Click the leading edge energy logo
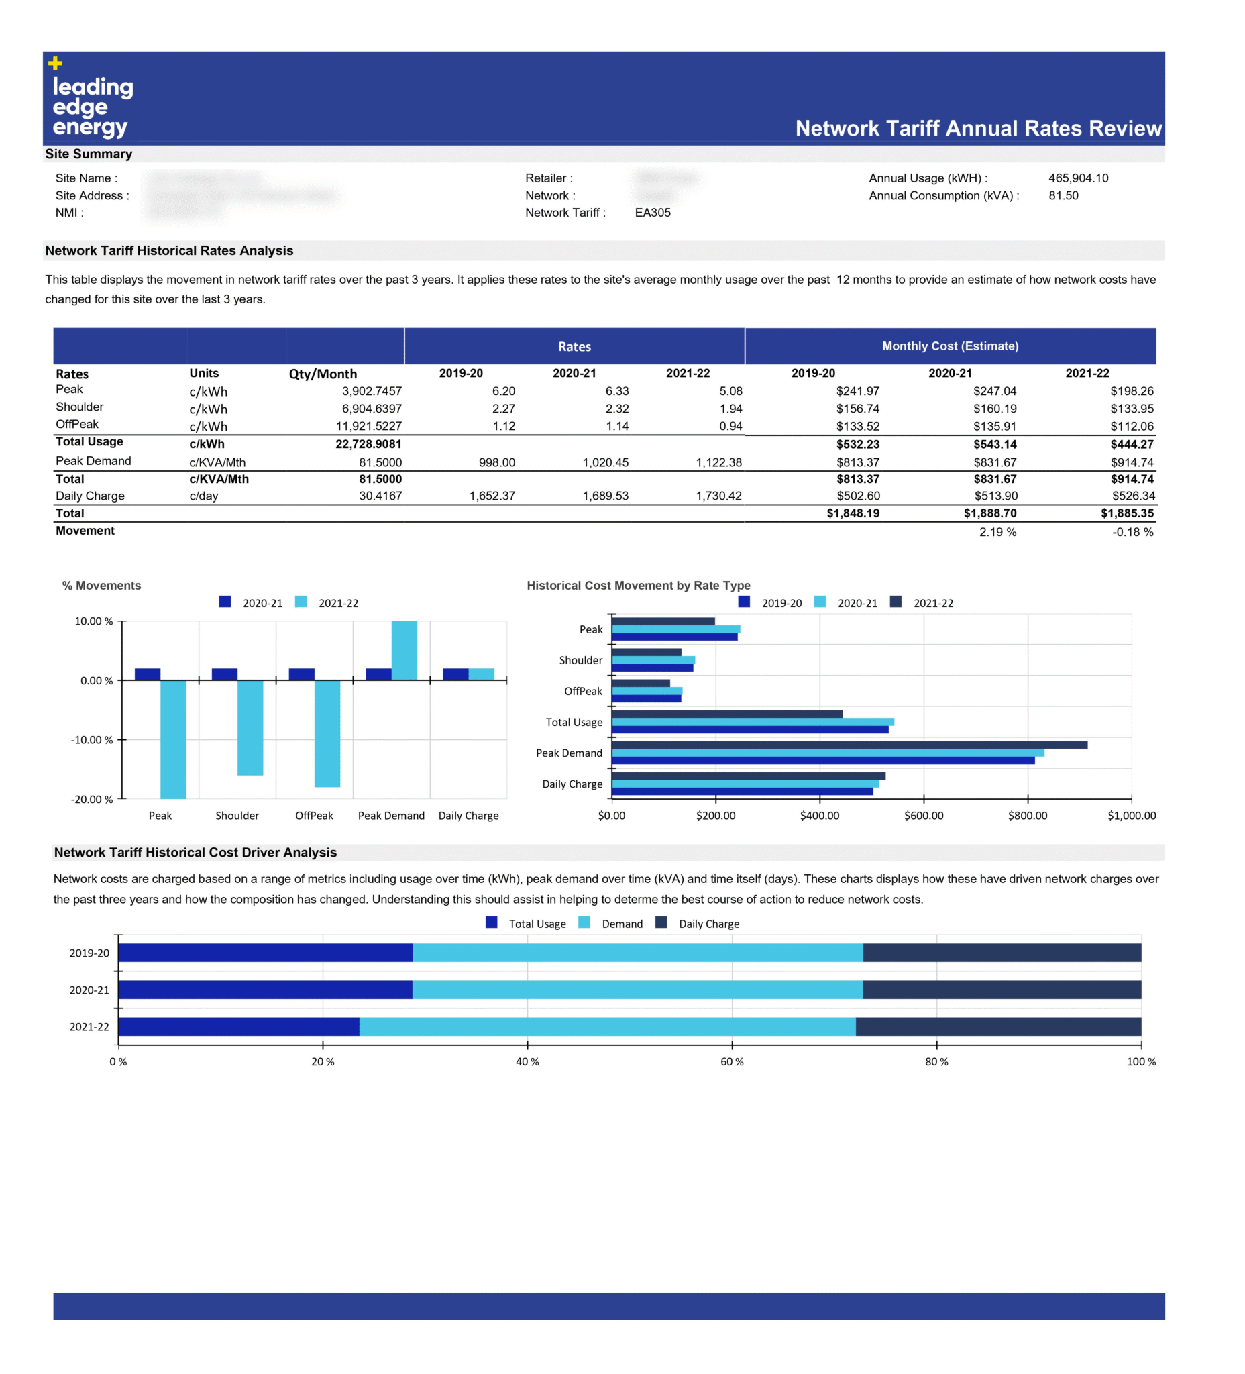click(x=91, y=99)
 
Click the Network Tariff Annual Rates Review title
click(x=978, y=128)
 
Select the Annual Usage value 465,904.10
click(x=1077, y=178)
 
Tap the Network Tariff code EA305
click(x=652, y=213)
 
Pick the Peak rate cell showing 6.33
click(x=616, y=391)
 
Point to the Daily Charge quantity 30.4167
click(x=380, y=496)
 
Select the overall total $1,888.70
click(x=989, y=513)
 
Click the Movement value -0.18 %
click(x=1132, y=532)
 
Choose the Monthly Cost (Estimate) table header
click(x=950, y=346)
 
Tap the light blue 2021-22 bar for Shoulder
click(x=250, y=727)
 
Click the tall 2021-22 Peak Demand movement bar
click(x=404, y=650)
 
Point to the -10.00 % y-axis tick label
click(x=92, y=740)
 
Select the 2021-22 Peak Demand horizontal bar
click(x=849, y=745)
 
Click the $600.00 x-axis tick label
click(x=924, y=816)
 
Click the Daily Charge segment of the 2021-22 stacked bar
click(x=997, y=1026)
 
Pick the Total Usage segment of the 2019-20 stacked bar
click(x=266, y=953)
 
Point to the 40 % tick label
click(x=527, y=1062)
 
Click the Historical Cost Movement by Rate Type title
click(x=638, y=586)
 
